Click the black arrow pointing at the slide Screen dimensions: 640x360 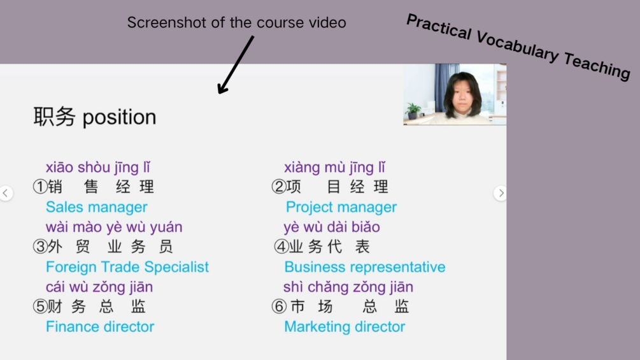point(236,65)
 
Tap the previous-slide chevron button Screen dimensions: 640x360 point(6,193)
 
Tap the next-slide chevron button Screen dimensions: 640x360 point(501,193)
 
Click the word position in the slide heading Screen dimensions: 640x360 point(119,118)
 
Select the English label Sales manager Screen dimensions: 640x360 point(96,207)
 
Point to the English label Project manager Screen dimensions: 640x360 point(341,207)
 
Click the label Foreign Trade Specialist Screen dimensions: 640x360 point(127,267)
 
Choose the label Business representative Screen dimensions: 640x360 point(365,267)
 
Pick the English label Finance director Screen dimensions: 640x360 point(100,326)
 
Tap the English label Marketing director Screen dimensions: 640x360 point(345,326)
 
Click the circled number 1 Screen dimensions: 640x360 point(40,187)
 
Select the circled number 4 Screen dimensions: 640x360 point(281,247)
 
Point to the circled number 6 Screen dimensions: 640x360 point(279,306)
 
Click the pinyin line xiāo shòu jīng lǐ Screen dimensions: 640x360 point(98,168)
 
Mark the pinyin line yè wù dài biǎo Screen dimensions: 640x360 point(332,227)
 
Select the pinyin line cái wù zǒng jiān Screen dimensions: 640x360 point(99,287)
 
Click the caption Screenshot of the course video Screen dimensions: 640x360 point(236,22)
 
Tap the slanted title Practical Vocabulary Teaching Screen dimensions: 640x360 point(519,47)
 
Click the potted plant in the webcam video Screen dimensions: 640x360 point(413,110)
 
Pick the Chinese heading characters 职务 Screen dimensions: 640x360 point(54,117)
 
